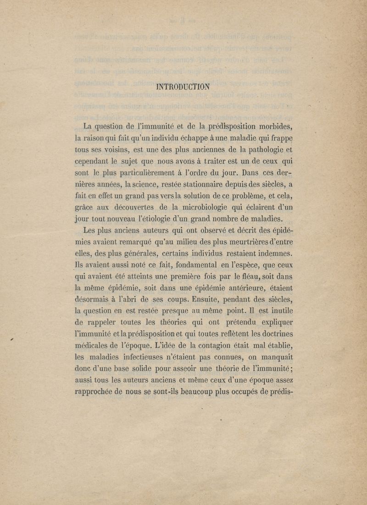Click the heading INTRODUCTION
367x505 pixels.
(x=183, y=86)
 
